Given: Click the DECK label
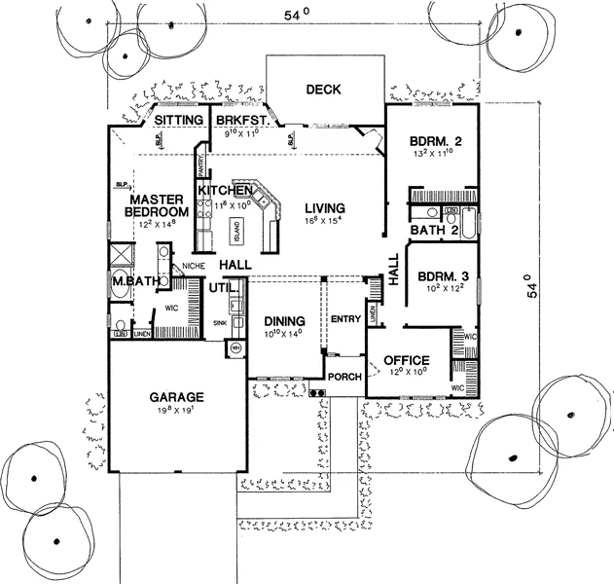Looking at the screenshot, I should click(x=322, y=90).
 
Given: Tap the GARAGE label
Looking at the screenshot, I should click(x=175, y=397).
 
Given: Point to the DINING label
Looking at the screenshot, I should click(x=284, y=321).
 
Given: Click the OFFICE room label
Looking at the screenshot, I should click(x=407, y=359).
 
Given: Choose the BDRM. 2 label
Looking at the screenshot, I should click(x=434, y=138).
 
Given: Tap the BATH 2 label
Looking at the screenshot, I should click(x=434, y=231).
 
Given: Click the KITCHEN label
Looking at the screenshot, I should click(x=226, y=189).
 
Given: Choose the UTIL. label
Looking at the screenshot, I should click(x=220, y=288).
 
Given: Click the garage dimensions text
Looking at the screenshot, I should click(x=175, y=412).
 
